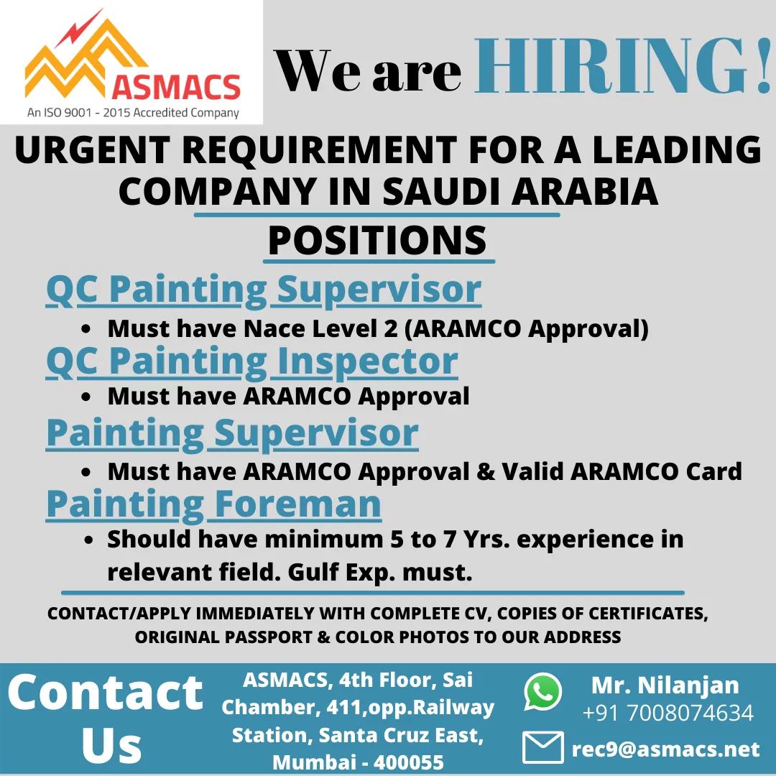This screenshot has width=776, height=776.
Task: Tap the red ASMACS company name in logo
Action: pyautogui.click(x=176, y=87)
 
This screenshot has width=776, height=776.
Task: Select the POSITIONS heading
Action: pyautogui.click(x=378, y=240)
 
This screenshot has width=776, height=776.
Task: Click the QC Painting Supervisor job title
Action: pyautogui.click(x=263, y=290)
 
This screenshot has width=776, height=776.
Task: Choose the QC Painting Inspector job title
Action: pyautogui.click(x=252, y=361)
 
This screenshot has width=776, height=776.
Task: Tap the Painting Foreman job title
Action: pyautogui.click(x=214, y=504)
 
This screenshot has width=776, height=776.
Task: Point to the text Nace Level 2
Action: pyautogui.click(x=320, y=328)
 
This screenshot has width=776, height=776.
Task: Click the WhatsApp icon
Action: pyautogui.click(x=543, y=691)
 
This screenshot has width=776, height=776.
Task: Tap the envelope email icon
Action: pyautogui.click(x=543, y=747)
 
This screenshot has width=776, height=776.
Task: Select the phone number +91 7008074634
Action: pyautogui.click(x=668, y=713)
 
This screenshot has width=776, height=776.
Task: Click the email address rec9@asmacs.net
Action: pyautogui.click(x=665, y=749)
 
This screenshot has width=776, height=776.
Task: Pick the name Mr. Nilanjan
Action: pyautogui.click(x=665, y=685)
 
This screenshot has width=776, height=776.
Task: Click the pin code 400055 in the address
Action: pyautogui.click(x=409, y=762)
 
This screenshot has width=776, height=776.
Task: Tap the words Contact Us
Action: pyautogui.click(x=106, y=718)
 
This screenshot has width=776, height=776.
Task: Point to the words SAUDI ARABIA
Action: pyautogui.click(x=520, y=192)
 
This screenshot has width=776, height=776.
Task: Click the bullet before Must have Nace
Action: pyautogui.click(x=86, y=329)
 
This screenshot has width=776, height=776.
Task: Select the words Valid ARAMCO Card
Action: pyautogui.click(x=622, y=471)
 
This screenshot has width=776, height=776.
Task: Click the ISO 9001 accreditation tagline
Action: pyautogui.click(x=133, y=113)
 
